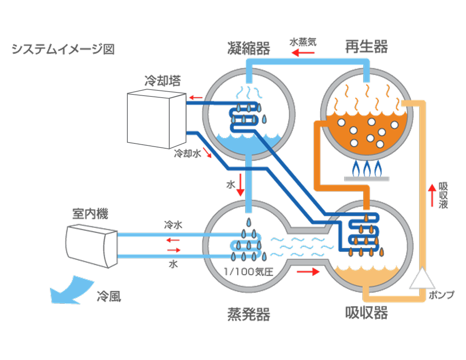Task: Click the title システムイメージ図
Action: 63,49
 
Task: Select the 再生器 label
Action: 366,47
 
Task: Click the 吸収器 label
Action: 366,312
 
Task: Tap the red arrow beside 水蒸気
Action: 303,53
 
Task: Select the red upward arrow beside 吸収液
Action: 432,195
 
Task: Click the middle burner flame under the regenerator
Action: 367,169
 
